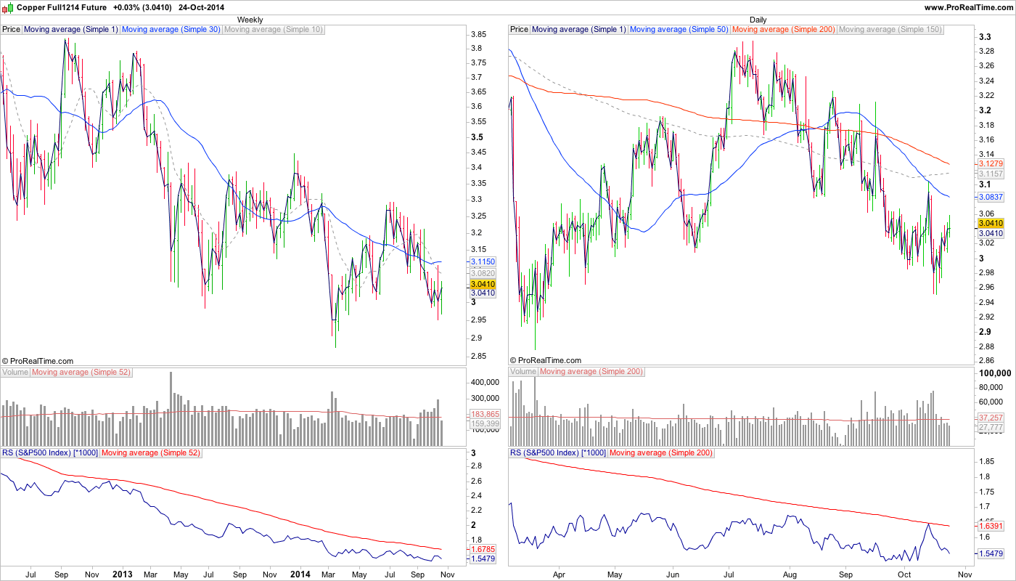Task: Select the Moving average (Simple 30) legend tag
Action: [x=171, y=30]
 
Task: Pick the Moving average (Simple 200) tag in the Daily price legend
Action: [x=784, y=30]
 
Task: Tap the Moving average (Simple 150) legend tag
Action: [x=890, y=30]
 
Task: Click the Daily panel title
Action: [x=758, y=20]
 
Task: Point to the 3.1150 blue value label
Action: [x=483, y=261]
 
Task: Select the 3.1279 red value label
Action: [x=991, y=164]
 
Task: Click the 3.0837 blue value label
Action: [x=991, y=197]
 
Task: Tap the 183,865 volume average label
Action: [x=486, y=414]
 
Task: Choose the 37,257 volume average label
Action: [x=991, y=418]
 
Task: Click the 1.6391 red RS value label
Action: [x=991, y=525]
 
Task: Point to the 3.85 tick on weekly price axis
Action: [x=478, y=35]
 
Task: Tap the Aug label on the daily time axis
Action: [x=790, y=574]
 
